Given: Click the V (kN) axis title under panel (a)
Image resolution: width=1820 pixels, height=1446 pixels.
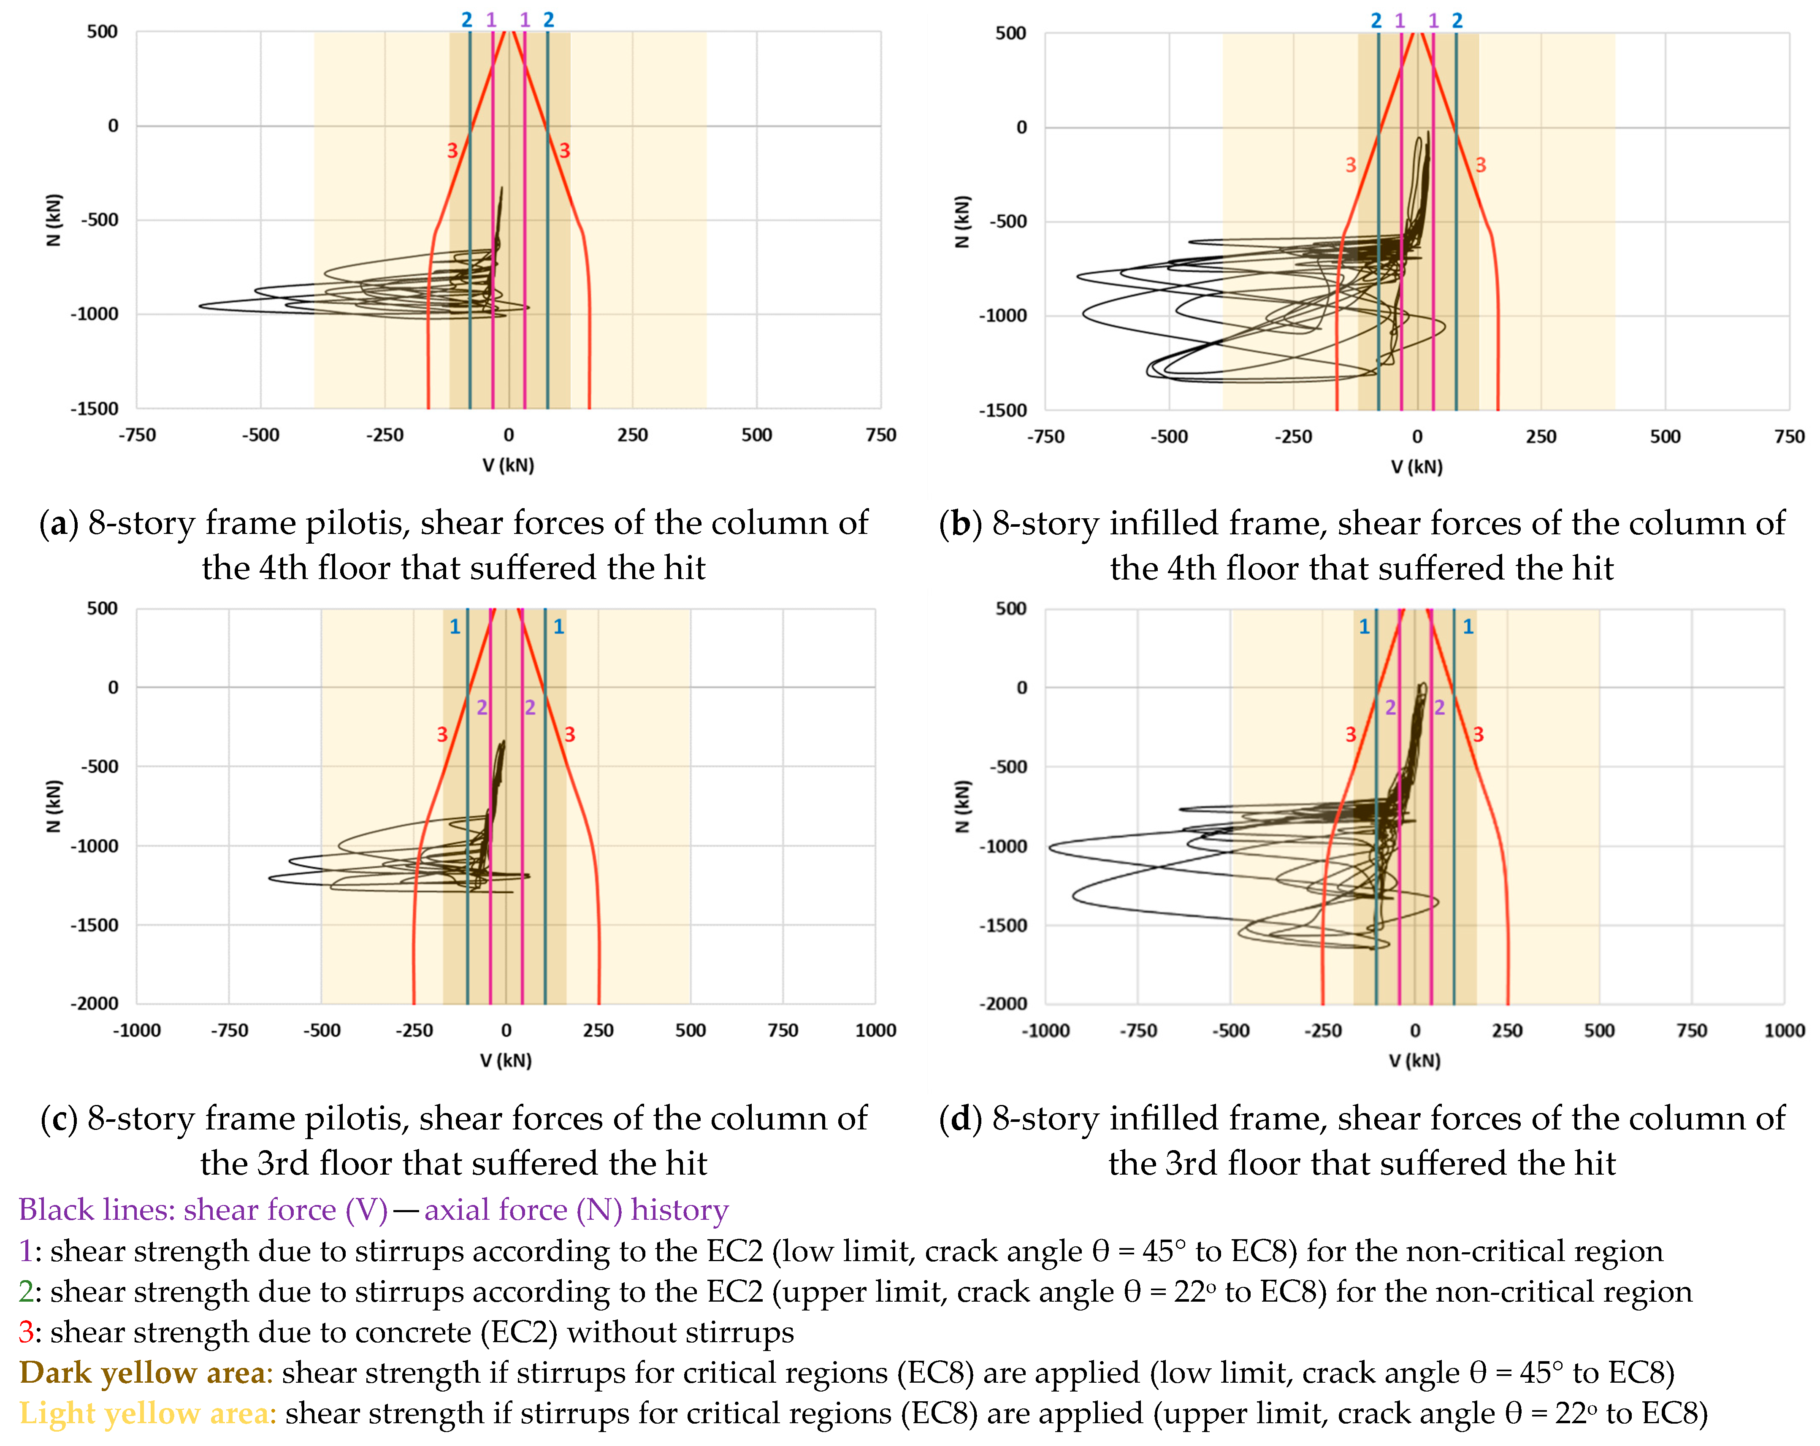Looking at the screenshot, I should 508,465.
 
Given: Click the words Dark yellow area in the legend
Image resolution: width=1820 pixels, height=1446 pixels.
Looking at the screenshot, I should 142,1373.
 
